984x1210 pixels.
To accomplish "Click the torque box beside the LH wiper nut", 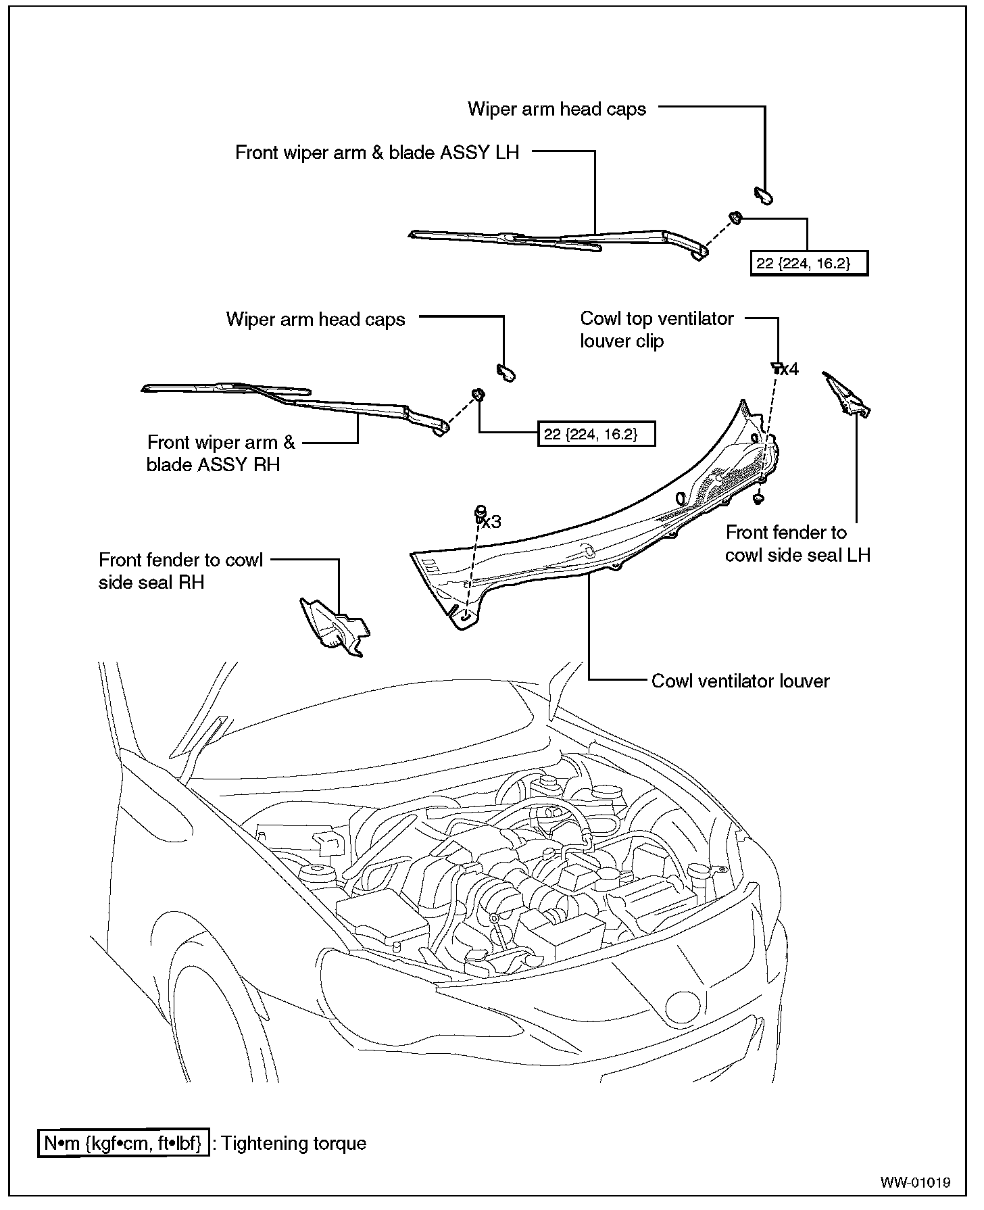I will pos(809,264).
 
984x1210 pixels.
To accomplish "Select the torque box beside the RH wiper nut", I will pos(597,434).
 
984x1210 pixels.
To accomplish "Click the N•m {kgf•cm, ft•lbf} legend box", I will pos(123,1144).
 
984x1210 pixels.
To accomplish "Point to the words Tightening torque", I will pos(294,1144).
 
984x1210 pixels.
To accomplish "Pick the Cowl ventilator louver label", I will pos(740,681).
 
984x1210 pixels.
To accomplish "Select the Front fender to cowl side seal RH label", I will pos(180,571).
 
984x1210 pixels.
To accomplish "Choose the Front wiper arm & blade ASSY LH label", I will pos(377,153).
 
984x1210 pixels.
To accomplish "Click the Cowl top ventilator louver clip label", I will pos(656,330).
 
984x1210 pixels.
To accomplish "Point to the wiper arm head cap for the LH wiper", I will pos(764,195).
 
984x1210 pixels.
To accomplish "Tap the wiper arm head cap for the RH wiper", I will pos(506,371).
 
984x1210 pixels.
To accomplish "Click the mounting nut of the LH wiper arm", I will pos(735,218).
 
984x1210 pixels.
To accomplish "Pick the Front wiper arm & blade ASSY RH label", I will pos(221,454).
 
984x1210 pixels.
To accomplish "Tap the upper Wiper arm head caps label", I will pos(557,110).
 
